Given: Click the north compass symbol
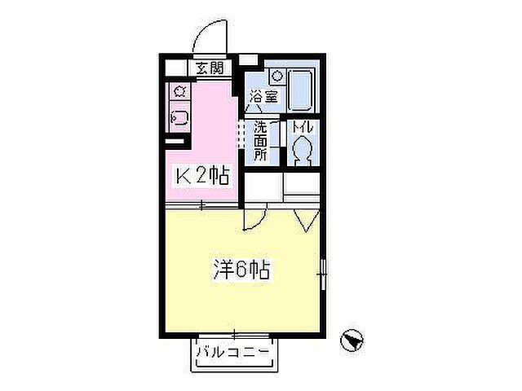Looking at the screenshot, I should coord(351,338).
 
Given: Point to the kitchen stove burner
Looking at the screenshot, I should coord(179,90).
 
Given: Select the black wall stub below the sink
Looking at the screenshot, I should coord(175,143).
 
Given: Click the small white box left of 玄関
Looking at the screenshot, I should coord(177,68).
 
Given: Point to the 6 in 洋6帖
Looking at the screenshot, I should coord(239,269).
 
